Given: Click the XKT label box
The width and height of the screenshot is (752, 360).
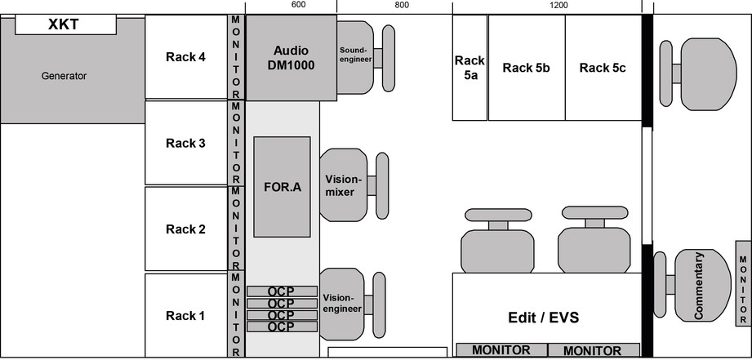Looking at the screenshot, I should [65, 24].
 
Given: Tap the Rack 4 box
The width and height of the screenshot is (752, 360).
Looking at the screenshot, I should [185, 57].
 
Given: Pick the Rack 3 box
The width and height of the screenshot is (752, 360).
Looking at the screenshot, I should [185, 144].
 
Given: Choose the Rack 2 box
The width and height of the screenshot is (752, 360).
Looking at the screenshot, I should [185, 229].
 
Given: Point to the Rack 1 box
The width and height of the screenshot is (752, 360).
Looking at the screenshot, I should [185, 316].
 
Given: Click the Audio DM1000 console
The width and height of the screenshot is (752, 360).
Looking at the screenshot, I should [291, 58].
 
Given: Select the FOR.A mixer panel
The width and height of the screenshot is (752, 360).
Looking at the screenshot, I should [282, 187].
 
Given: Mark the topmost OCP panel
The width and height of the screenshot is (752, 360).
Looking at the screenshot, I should [282, 291].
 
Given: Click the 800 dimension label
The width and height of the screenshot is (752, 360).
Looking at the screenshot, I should [401, 5].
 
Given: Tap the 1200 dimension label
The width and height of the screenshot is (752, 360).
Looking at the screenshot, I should [558, 5].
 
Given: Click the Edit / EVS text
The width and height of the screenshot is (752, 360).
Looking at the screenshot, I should [543, 318].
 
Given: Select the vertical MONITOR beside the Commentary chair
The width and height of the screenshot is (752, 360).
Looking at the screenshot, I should [742, 283].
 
